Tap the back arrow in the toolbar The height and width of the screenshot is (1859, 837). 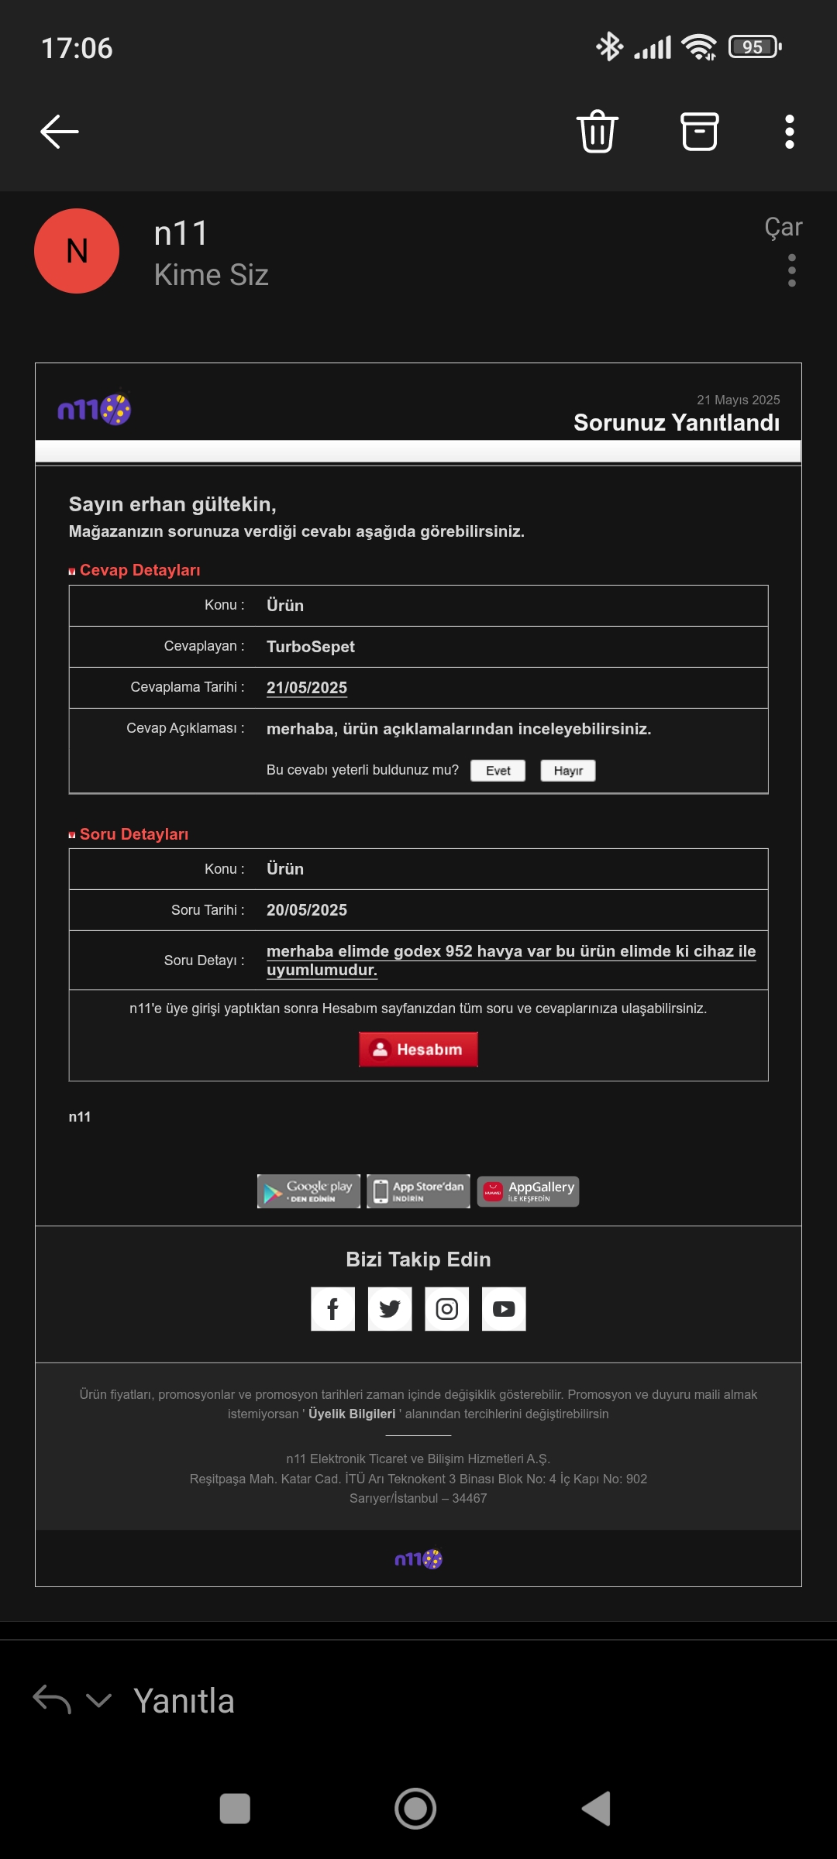point(60,132)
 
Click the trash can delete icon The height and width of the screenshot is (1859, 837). point(597,132)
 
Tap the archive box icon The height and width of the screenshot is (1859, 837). point(699,132)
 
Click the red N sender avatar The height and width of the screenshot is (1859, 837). point(77,251)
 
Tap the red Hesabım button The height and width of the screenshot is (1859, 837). point(418,1050)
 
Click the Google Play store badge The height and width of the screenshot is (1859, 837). point(308,1191)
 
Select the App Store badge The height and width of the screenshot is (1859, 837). point(418,1191)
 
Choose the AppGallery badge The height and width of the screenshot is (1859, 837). point(528,1191)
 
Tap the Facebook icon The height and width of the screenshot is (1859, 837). point(332,1309)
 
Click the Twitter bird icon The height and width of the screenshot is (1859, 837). point(390,1309)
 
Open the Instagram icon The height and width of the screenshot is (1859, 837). point(446,1309)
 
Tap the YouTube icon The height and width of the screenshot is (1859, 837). point(504,1309)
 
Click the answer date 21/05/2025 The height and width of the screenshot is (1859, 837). point(307,688)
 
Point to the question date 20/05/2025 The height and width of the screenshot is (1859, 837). point(307,910)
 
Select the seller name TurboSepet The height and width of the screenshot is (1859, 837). point(311,647)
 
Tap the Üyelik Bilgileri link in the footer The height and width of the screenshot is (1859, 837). point(352,1414)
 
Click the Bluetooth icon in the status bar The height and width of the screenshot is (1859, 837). point(609,46)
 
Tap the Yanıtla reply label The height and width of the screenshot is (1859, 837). point(184,1701)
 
